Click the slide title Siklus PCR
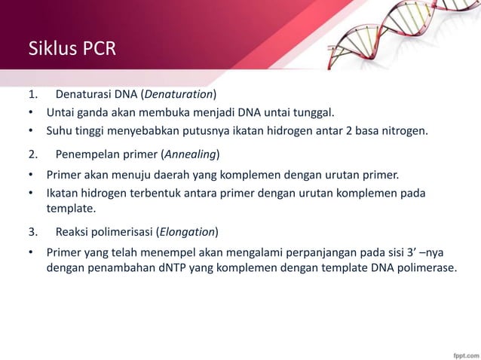pyautogui.click(x=72, y=50)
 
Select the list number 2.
pyautogui.click(x=32, y=154)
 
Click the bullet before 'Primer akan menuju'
pyautogui.click(x=31, y=175)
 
